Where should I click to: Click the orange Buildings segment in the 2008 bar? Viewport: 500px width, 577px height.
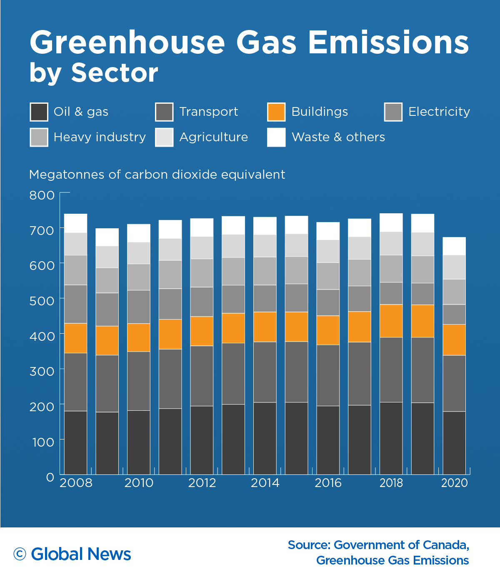click(75, 338)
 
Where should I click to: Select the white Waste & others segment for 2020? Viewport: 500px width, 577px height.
click(454, 246)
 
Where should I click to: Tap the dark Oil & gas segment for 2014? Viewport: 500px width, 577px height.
click(265, 438)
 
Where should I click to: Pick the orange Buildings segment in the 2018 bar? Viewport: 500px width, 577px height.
click(391, 321)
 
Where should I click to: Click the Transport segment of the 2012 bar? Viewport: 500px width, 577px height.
click(202, 376)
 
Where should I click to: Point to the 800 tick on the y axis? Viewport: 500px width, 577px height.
click(42, 195)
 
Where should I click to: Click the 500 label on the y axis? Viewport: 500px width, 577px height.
click(42, 301)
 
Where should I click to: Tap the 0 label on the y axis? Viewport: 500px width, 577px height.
click(50, 477)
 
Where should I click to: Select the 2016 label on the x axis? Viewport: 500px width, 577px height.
click(328, 483)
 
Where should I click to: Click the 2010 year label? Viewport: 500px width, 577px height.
click(139, 483)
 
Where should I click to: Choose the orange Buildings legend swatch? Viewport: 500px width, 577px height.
click(276, 112)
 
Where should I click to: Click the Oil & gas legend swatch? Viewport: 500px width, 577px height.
click(39, 112)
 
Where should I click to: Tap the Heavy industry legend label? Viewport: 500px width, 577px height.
click(100, 137)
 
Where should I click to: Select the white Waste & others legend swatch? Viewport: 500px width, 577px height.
click(276, 137)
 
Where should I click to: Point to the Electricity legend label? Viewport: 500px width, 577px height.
click(439, 112)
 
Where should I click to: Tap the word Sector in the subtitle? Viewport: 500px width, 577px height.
click(115, 73)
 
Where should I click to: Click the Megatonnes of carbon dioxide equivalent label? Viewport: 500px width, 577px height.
click(157, 175)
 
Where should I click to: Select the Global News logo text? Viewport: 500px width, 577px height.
click(81, 554)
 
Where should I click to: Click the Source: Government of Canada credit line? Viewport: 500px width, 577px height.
click(378, 545)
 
